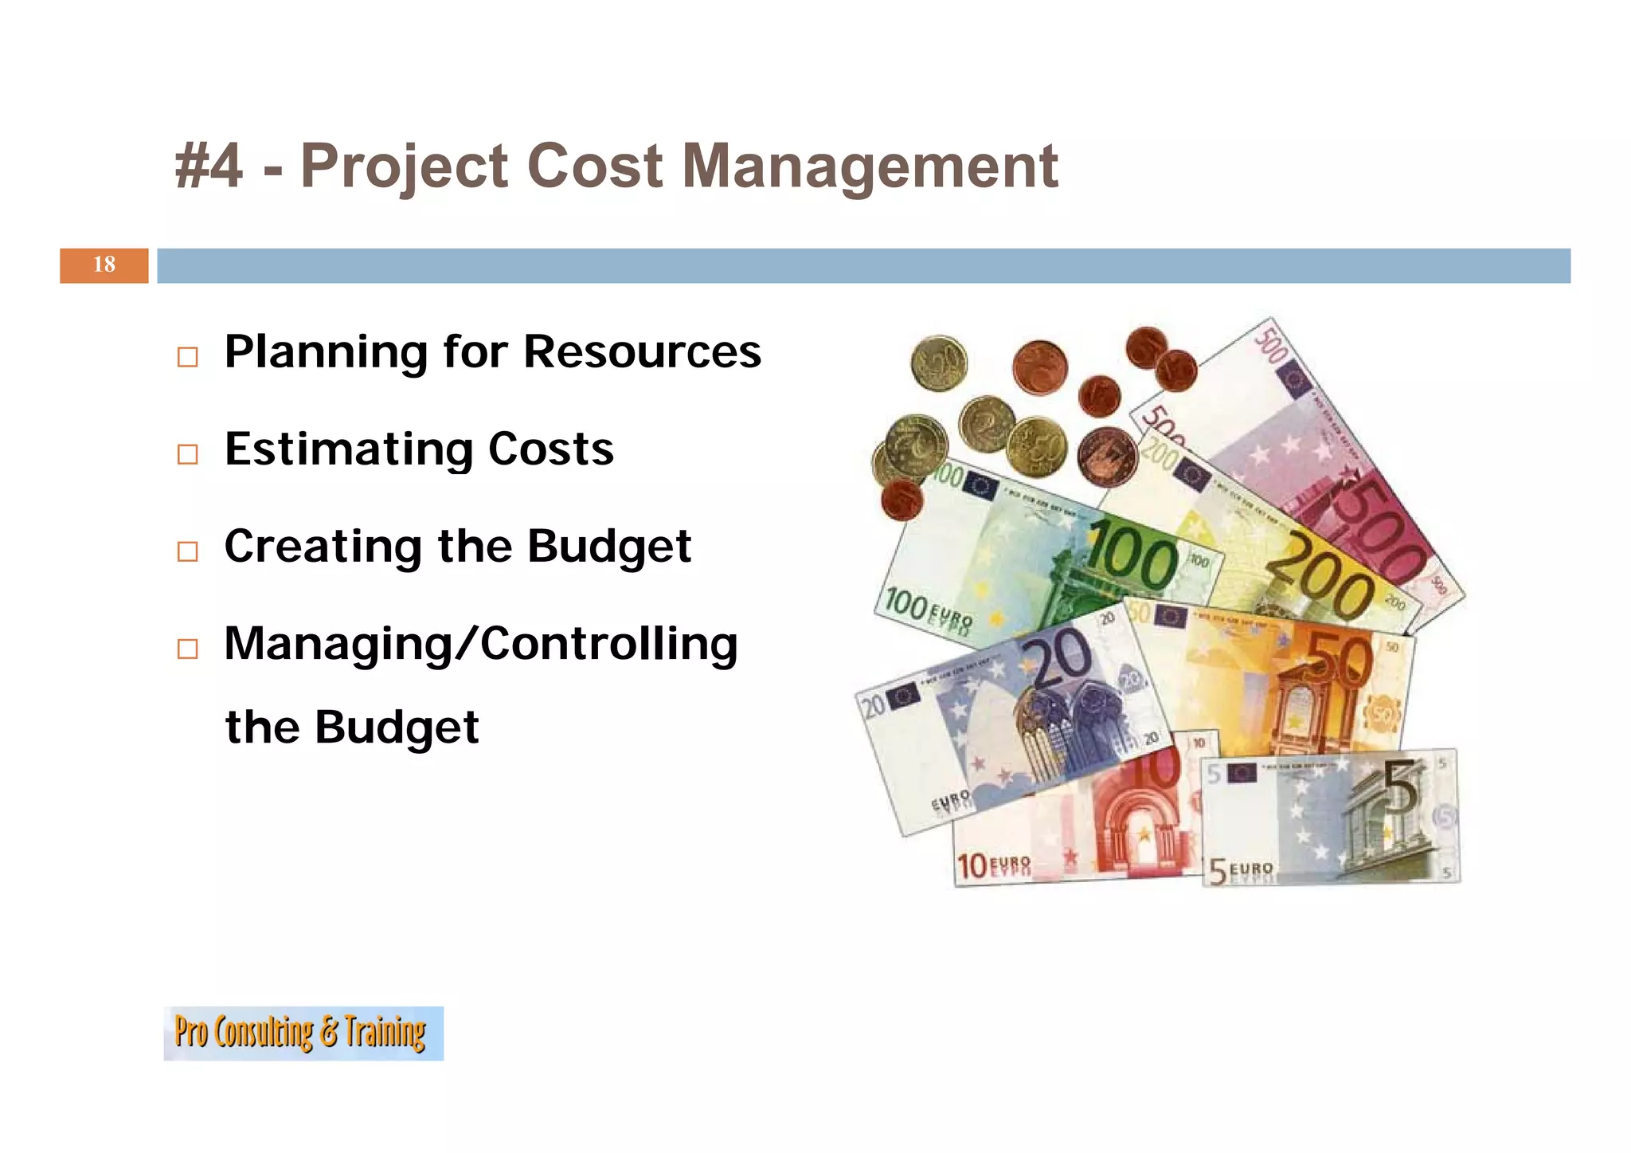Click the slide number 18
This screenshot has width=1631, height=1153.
pos(104,265)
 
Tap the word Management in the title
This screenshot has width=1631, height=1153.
pos(870,167)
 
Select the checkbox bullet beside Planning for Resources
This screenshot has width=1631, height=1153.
pos(187,356)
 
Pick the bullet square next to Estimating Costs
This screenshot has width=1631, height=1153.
pos(187,453)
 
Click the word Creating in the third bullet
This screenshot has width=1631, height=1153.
pos(323,547)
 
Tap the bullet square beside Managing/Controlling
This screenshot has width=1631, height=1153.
pos(187,648)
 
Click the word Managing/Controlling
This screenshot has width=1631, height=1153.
pos(480,645)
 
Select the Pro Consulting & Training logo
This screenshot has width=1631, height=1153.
pos(303,1033)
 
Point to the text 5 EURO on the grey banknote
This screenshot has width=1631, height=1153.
pos(1241,871)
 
